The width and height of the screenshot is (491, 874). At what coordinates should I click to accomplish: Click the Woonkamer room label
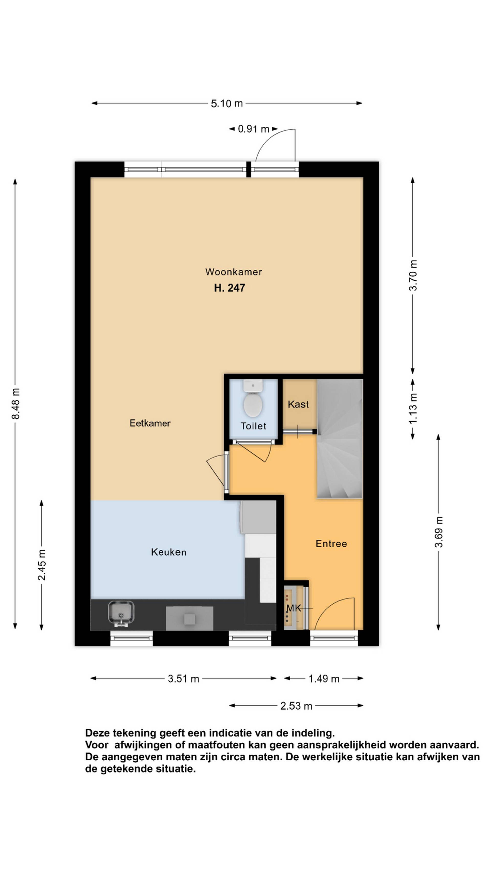coord(233,272)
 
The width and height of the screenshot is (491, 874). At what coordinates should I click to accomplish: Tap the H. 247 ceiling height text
coord(229,288)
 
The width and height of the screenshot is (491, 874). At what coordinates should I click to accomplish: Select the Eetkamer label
coord(150,423)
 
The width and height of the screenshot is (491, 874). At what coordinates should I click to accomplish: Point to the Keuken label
coord(169,552)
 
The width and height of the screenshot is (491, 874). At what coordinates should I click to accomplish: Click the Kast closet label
coord(298,404)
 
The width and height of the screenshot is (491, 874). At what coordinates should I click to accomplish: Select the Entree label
coord(331,544)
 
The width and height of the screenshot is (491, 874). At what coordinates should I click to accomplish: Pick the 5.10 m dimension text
coord(227,103)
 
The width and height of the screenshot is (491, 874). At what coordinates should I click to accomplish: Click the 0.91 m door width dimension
coord(253,129)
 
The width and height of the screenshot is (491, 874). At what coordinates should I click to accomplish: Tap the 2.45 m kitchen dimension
coord(42,565)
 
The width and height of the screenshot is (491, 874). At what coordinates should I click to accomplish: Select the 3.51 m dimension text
coord(183,679)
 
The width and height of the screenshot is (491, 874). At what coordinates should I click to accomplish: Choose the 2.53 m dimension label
coord(296,706)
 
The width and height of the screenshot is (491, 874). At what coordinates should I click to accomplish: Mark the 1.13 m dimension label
coord(413,408)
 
